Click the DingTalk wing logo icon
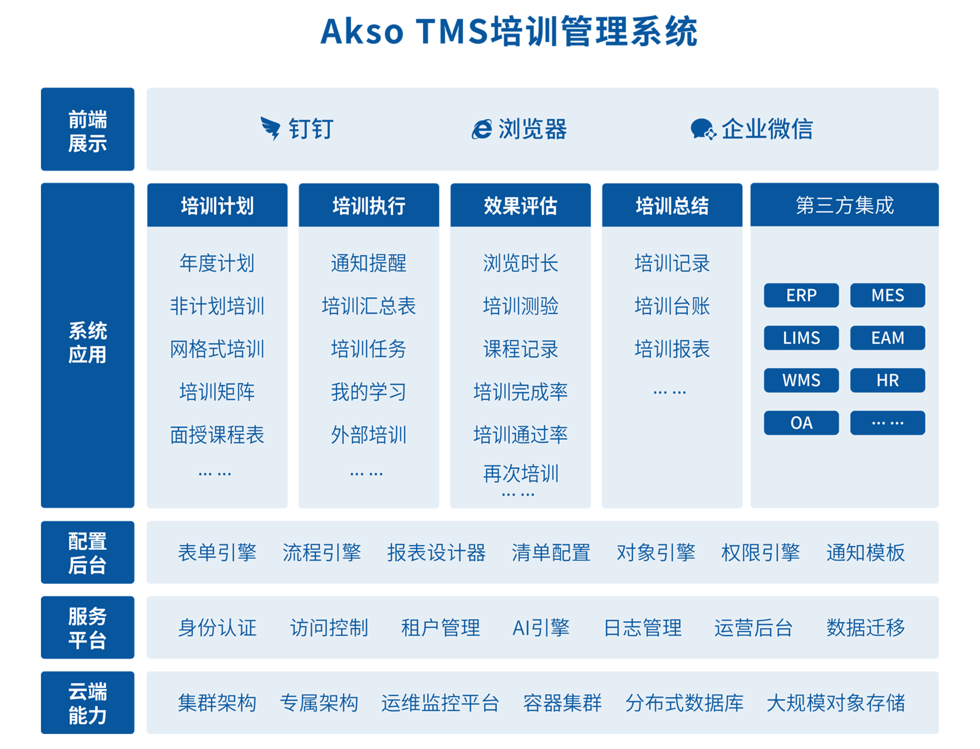tap(270, 128)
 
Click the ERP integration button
tap(801, 295)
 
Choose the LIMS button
tap(801, 338)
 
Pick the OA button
tap(801, 423)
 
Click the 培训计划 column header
tap(217, 205)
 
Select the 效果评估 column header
tap(521, 205)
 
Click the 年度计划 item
tap(217, 263)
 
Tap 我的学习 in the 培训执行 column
tap(368, 392)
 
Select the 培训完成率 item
tap(521, 392)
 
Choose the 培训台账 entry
tap(672, 306)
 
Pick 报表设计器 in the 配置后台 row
tap(436, 553)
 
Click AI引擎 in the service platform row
tap(541, 628)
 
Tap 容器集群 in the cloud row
tap(562, 703)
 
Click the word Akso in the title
tap(362, 32)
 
